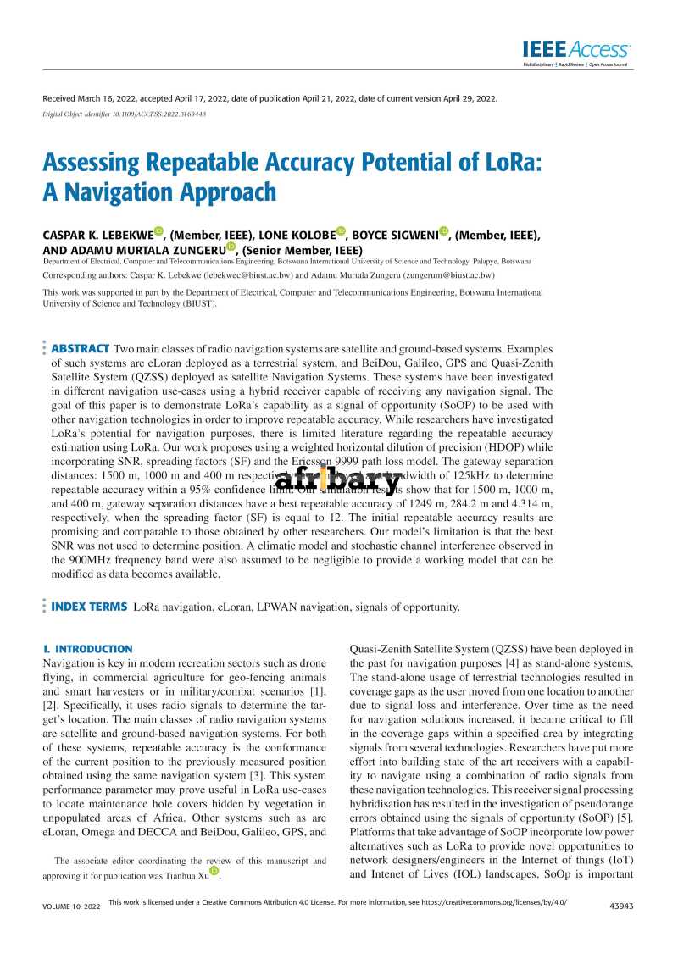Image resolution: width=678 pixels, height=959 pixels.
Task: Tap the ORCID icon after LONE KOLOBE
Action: click(x=342, y=231)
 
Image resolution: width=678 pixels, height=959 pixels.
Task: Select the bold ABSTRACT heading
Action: click(x=81, y=349)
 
